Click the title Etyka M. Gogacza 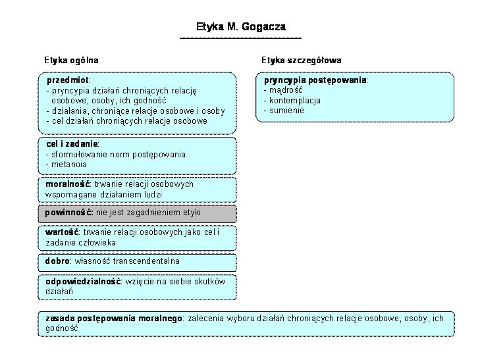tap(241, 27)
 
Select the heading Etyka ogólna tap(71, 61)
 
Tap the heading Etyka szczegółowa tap(302, 61)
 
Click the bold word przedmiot tap(68, 80)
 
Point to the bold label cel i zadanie tap(72, 143)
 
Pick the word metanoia tap(69, 165)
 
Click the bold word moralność tap(68, 184)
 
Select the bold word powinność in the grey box tap(69, 213)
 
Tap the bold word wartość tap(62, 232)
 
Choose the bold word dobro tap(57, 261)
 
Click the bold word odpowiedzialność tap(83, 282)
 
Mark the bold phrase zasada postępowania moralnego tap(114, 319)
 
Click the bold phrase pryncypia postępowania tap(315, 80)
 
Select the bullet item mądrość tap(286, 90)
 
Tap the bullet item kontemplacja tap(295, 101)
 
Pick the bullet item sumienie tap(286, 111)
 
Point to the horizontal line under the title tap(240, 38)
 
